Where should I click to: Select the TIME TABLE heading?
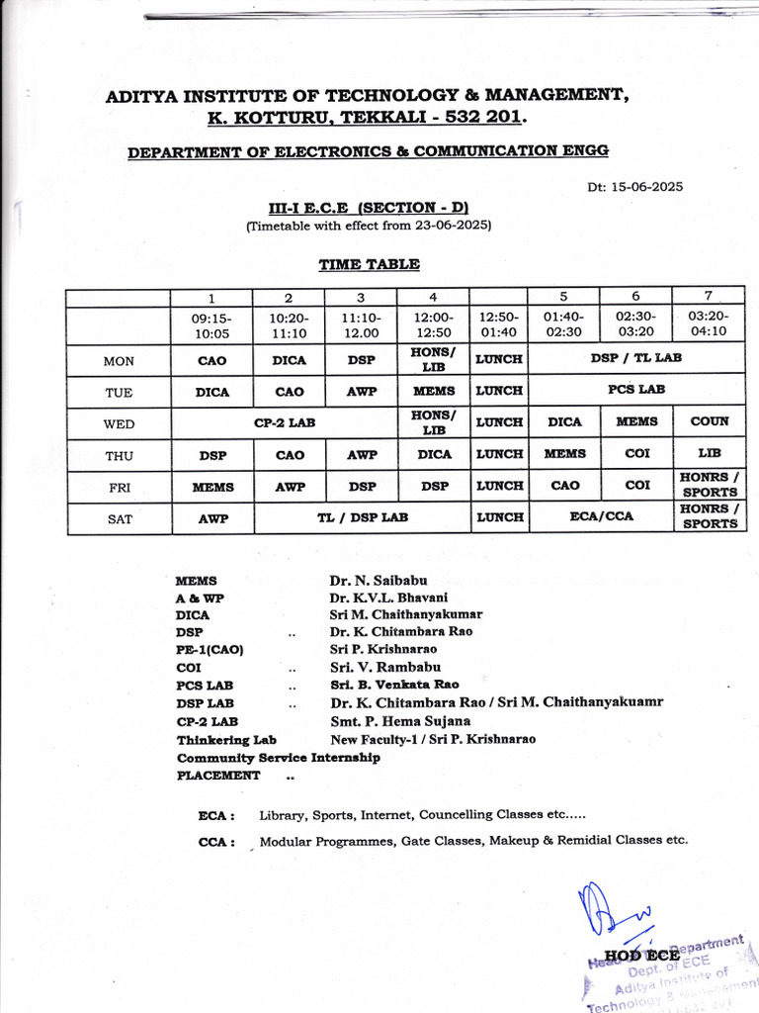(369, 264)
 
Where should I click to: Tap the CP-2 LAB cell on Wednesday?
(285, 422)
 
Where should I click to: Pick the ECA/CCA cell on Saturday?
(600, 516)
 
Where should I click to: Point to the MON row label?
(119, 361)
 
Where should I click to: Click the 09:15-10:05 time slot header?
(211, 325)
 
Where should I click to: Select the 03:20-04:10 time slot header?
(708, 325)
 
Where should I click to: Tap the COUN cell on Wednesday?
(709, 421)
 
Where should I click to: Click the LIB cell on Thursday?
(709, 453)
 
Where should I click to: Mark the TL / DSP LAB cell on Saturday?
(361, 517)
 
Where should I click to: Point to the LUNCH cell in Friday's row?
(499, 486)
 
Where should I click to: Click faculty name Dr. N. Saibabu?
(379, 581)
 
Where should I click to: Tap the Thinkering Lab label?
(226, 740)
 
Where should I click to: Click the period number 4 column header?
(433, 297)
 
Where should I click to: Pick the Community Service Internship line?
(278, 758)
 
